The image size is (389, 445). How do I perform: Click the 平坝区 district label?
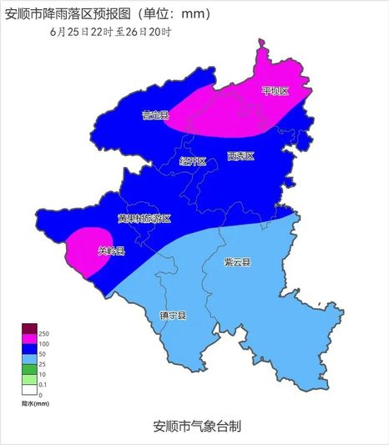tap(275, 90)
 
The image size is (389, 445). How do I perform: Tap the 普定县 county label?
tap(155, 115)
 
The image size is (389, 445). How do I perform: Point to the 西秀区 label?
tap(240, 156)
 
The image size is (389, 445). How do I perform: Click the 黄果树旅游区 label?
tap(144, 219)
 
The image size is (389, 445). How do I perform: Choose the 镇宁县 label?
tap(173, 316)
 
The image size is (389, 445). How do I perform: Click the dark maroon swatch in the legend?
tap(29, 327)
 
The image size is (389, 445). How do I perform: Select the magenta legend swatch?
tap(29, 336)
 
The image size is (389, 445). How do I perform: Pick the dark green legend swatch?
tap(29, 367)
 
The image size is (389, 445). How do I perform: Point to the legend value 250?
tap(43, 333)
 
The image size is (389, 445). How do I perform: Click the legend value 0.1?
tap(43, 384)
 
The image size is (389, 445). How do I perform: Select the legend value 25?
tap(43, 364)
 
